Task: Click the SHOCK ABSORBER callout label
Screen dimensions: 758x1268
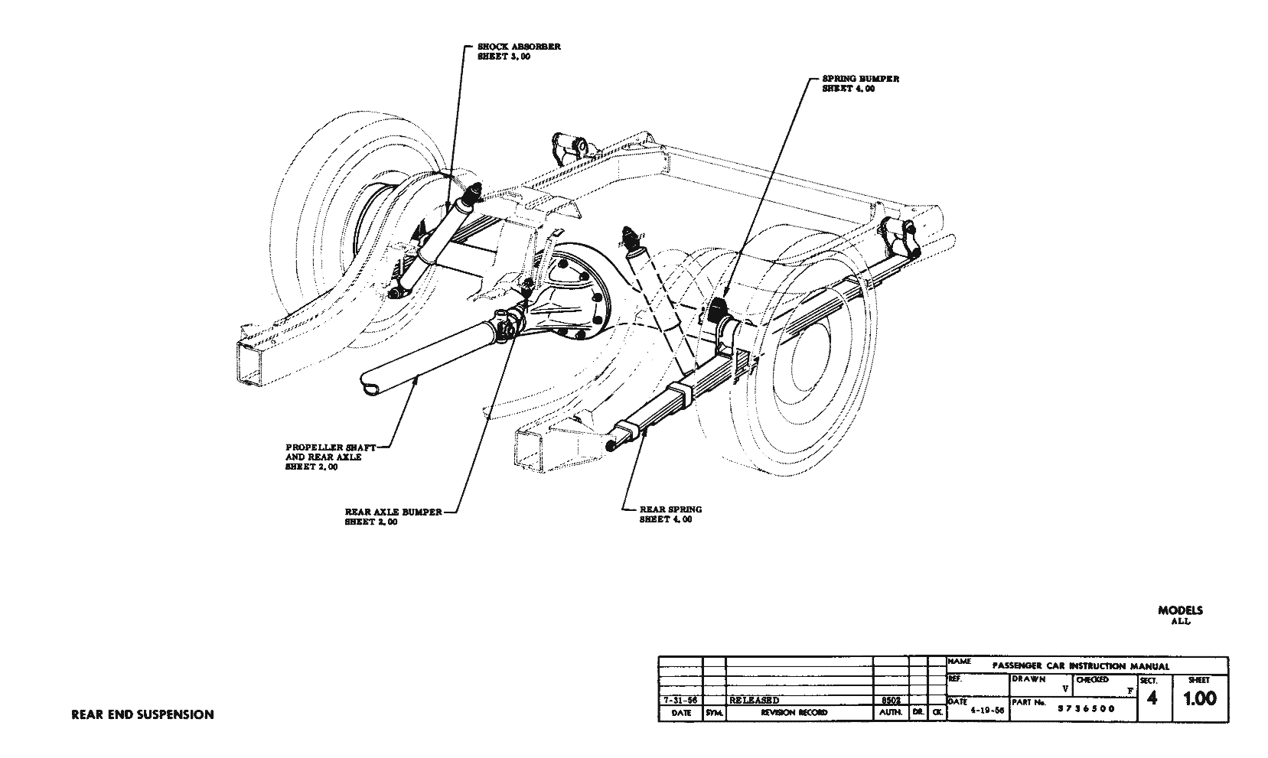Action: pyautogui.click(x=518, y=51)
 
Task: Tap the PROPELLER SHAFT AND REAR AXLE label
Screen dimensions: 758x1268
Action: pyautogui.click(x=330, y=457)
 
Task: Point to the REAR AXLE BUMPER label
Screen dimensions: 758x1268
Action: pyautogui.click(x=393, y=516)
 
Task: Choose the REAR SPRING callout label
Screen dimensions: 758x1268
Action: pyautogui.click(x=670, y=514)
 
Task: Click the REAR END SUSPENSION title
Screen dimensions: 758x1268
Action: pyautogui.click(x=142, y=714)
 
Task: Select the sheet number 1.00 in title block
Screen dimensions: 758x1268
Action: pyautogui.click(x=1199, y=699)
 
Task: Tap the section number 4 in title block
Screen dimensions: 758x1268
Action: pyautogui.click(x=1152, y=699)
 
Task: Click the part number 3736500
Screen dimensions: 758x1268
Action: pyautogui.click(x=1086, y=708)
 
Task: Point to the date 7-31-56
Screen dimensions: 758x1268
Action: pyautogui.click(x=680, y=700)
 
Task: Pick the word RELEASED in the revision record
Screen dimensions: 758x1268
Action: pyautogui.click(x=755, y=700)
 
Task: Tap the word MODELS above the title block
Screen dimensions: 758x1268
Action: pyautogui.click(x=1180, y=610)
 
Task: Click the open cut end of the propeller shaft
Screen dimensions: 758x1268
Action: pyautogui.click(x=371, y=386)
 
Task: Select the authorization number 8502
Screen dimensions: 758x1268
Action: pyautogui.click(x=889, y=700)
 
